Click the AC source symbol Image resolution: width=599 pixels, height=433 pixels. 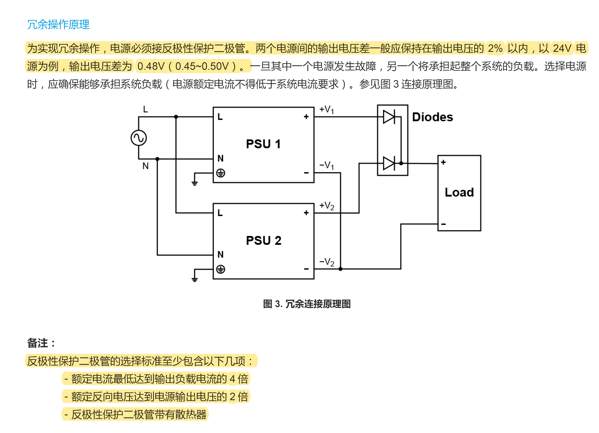click(x=139, y=138)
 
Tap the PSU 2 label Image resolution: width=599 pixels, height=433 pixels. click(x=263, y=240)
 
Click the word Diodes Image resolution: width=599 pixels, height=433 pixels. click(x=432, y=117)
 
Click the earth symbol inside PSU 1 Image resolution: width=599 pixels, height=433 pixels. click(x=221, y=173)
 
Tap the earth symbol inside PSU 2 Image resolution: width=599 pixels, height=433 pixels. click(x=221, y=269)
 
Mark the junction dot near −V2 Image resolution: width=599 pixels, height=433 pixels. click(x=340, y=269)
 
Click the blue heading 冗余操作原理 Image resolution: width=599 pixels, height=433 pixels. click(x=58, y=25)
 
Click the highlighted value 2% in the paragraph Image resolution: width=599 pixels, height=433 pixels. click(x=495, y=48)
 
